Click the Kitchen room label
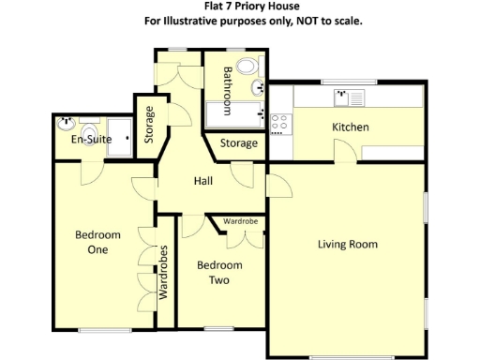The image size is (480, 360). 351,127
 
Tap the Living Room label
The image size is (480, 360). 347,245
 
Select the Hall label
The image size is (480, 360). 203,181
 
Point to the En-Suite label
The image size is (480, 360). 92,140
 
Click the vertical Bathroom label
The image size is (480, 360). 227,90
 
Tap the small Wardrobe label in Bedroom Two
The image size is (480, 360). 241,221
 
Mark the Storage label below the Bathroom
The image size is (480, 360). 239,143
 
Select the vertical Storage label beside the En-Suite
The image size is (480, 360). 149,125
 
